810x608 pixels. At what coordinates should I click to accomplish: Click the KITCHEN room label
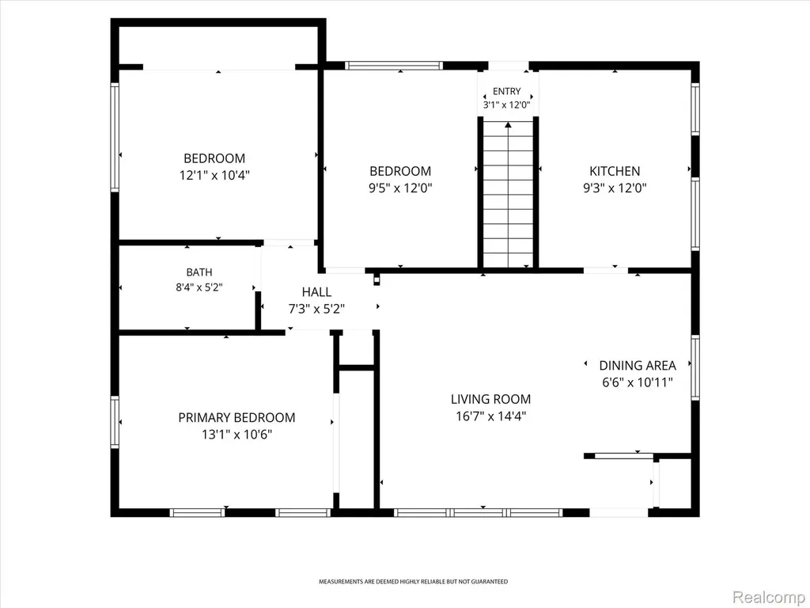pos(615,171)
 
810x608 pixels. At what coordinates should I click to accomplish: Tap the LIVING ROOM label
pos(490,399)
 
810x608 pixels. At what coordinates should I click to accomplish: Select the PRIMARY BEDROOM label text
pos(237,418)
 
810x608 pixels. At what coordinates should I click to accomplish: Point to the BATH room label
pos(199,272)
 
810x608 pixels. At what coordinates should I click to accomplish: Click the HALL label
pos(316,292)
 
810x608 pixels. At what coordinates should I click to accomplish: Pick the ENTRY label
pos(507,92)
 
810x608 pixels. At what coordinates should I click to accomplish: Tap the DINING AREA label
pos(638,366)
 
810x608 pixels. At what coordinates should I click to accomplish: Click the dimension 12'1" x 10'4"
pos(214,175)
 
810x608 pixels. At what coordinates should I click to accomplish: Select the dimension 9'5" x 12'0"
pos(400,188)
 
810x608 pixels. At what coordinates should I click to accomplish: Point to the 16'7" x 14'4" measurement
pos(490,416)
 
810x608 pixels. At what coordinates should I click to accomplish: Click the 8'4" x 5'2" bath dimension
pos(199,287)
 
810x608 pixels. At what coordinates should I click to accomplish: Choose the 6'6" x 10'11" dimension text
pos(638,382)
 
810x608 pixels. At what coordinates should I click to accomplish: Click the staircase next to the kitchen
pos(509,195)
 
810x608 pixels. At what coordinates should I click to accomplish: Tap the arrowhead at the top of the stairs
pos(509,124)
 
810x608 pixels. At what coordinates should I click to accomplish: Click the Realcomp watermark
pos(768,598)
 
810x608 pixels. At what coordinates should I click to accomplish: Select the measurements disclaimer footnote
pos(413,582)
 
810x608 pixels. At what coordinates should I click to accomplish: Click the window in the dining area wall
pos(695,367)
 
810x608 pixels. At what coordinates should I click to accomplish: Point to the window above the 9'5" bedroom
pos(394,66)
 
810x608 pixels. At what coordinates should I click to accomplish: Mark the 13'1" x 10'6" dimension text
pos(237,435)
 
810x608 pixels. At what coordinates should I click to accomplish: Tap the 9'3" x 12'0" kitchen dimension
pos(615,188)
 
